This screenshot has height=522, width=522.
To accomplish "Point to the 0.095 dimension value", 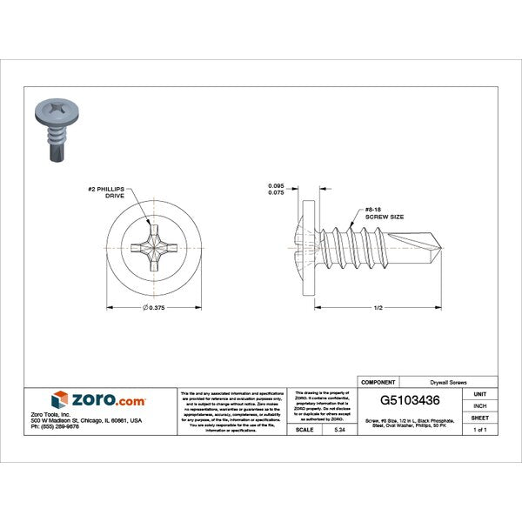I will (x=275, y=186).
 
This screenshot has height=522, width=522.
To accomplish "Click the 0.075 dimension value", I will (x=275, y=194).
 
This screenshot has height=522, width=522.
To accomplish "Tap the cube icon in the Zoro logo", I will (x=60, y=400).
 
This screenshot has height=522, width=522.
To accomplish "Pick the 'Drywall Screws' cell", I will (x=450, y=383).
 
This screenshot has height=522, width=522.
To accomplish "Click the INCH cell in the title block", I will (x=480, y=405).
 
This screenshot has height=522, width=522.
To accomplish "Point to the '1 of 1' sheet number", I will (x=480, y=430).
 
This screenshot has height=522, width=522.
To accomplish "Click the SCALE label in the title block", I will (x=304, y=430).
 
